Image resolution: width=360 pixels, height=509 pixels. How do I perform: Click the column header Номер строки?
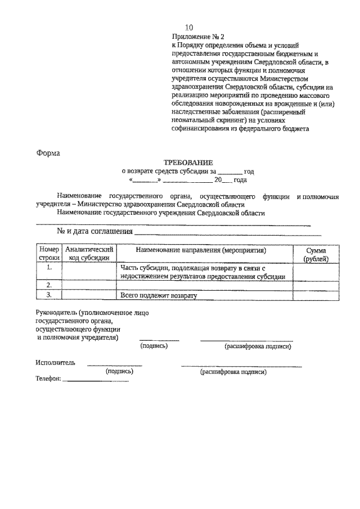[49, 254]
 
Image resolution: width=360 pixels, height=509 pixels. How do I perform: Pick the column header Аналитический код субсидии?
[89, 254]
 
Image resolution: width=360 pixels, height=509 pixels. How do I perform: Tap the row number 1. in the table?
[49, 268]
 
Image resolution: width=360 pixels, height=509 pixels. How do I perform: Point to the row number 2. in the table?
[49, 285]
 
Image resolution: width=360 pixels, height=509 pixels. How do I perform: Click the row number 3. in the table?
[49, 295]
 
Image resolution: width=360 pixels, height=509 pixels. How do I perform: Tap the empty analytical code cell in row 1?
[89, 272]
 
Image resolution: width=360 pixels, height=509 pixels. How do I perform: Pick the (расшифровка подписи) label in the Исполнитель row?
[233, 372]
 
